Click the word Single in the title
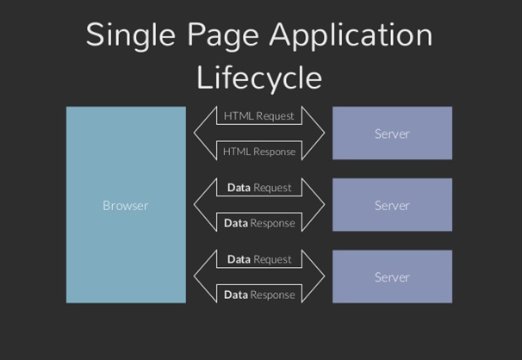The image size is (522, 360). pos(129,36)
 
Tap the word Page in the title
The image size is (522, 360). pos(219,36)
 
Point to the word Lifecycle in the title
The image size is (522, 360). pos(259,78)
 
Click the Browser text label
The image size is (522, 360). pos(126,205)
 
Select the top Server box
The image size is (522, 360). pos(392,133)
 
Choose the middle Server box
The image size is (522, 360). pos(392,205)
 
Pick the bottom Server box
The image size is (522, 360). pos(392,276)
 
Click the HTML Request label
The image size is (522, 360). pos(258,115)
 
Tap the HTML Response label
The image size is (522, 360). pos(258,152)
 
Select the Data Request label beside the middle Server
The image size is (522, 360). pos(258,187)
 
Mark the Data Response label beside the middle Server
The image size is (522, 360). pos(258,223)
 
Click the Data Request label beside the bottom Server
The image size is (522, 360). pos(258,258)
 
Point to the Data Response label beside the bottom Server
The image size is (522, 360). pos(258,295)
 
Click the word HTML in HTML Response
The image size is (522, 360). pos(237,152)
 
